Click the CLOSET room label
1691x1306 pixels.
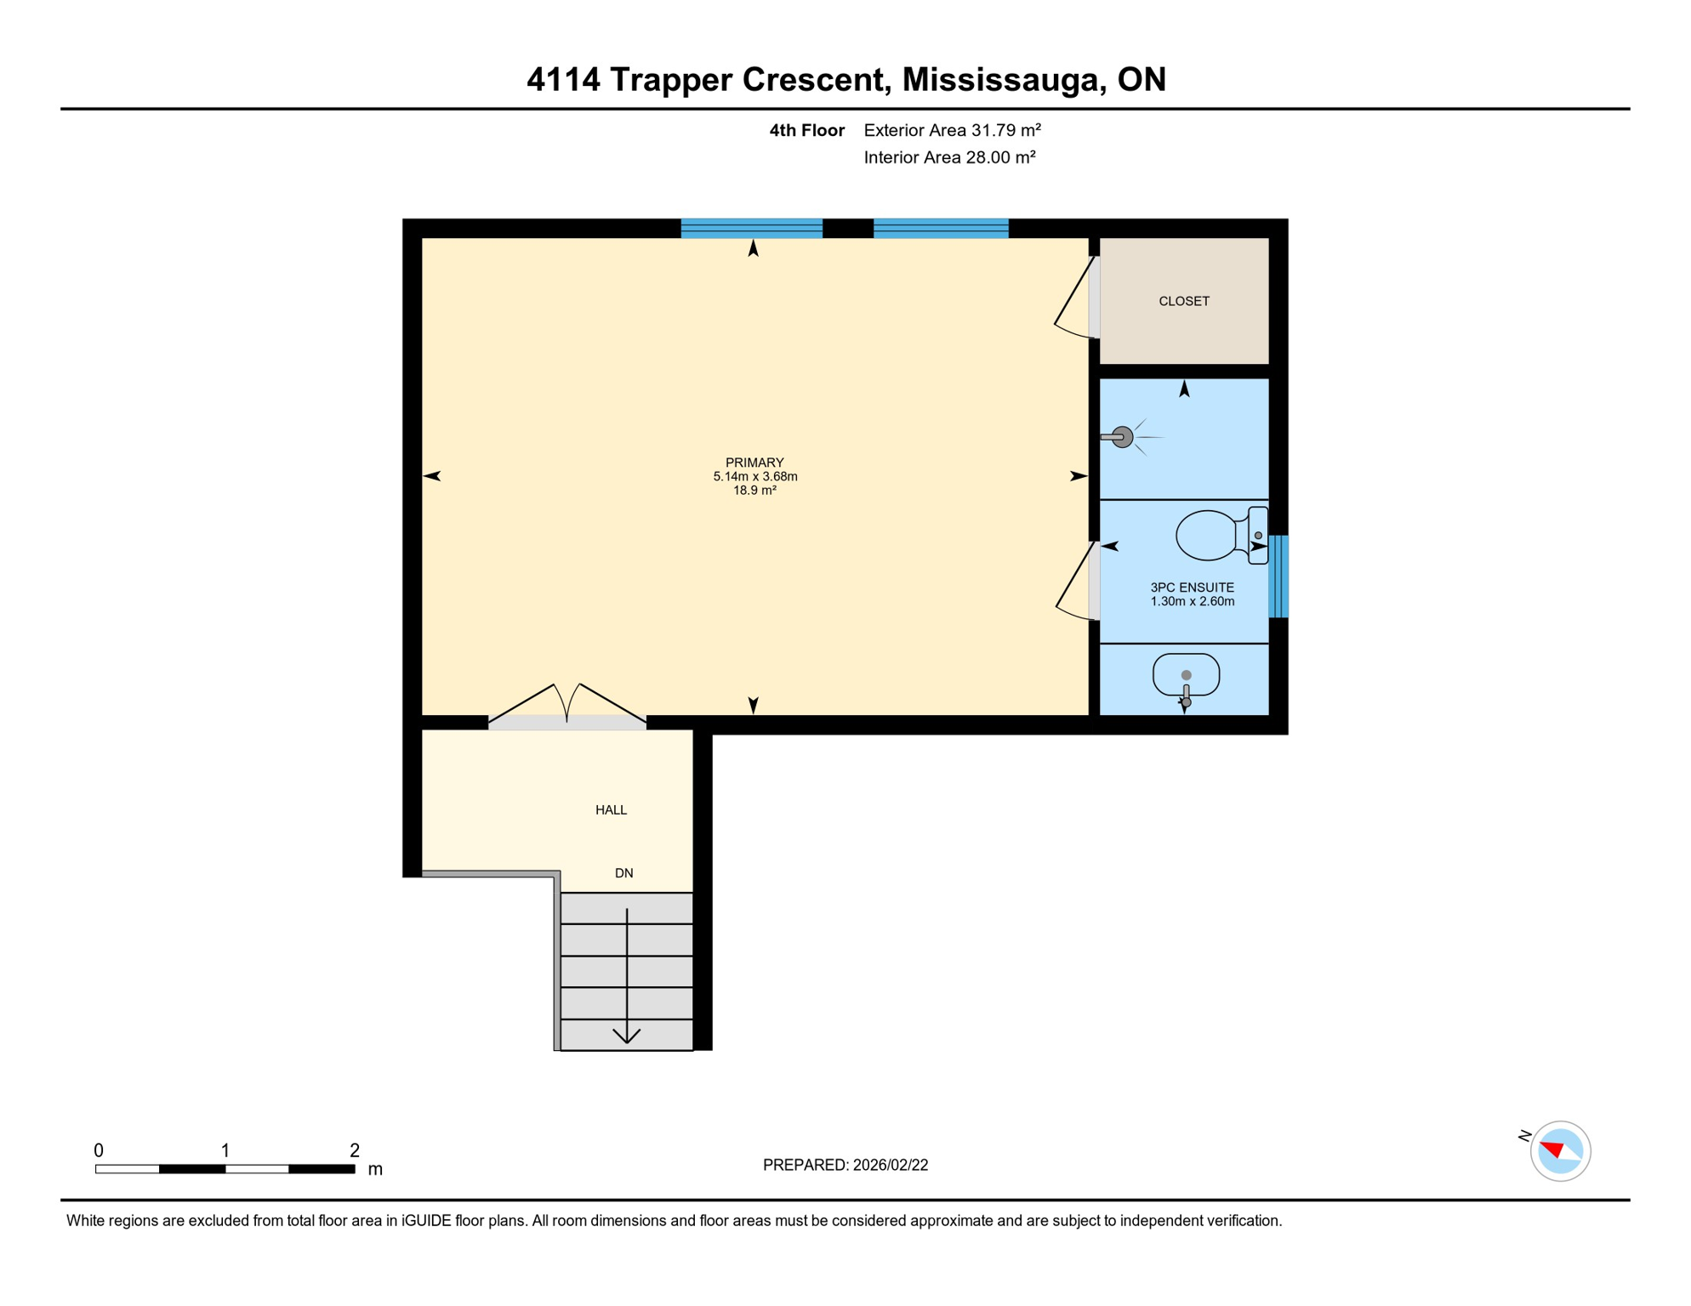(1183, 301)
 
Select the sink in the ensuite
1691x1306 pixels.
(1186, 676)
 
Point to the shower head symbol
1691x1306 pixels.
(1122, 437)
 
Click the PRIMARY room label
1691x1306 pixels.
(754, 463)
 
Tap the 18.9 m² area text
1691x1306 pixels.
(754, 491)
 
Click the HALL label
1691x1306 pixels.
(611, 809)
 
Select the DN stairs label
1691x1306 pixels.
(623, 873)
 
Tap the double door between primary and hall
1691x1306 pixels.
(567, 707)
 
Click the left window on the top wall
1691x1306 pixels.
(751, 228)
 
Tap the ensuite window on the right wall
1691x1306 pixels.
(1278, 576)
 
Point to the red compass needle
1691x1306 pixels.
(1552, 1150)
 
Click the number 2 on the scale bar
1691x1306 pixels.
(355, 1150)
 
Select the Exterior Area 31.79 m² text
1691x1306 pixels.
(952, 130)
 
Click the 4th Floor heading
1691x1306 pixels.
(806, 130)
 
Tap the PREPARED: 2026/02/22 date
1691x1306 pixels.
(845, 1165)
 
